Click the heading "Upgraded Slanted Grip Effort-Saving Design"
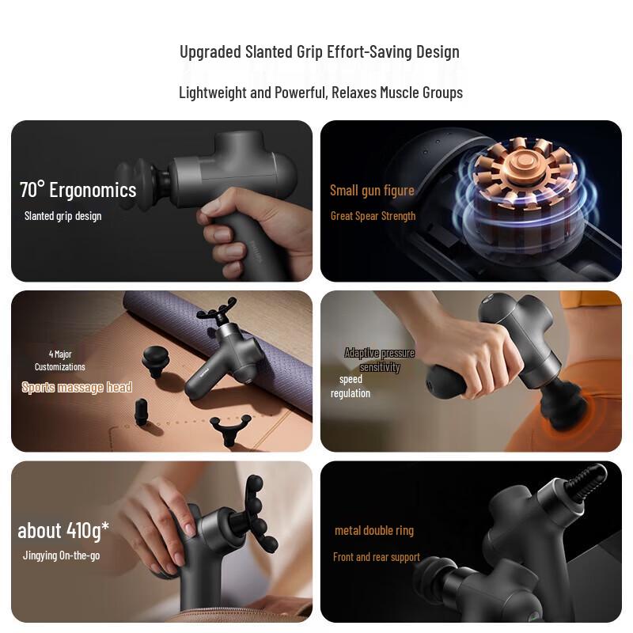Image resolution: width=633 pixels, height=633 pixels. pyautogui.click(x=320, y=52)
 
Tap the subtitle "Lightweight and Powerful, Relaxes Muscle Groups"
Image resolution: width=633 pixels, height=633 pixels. pyautogui.click(x=320, y=93)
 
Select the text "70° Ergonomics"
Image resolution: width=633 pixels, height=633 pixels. pyautogui.click(x=78, y=190)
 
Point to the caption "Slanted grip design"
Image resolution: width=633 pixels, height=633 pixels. pyautogui.click(x=63, y=216)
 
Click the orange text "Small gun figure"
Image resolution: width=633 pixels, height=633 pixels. pyautogui.click(x=372, y=190)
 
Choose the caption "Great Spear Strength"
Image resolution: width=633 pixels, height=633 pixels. pyautogui.click(x=373, y=216)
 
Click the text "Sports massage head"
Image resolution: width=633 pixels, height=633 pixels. pyautogui.click(x=77, y=388)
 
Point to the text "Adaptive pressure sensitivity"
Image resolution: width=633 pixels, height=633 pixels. pyautogui.click(x=379, y=360)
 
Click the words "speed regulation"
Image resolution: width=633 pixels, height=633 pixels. pyautogui.click(x=351, y=386)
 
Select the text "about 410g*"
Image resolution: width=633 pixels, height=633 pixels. pyautogui.click(x=63, y=530)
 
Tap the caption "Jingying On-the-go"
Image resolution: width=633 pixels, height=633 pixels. pyautogui.click(x=61, y=555)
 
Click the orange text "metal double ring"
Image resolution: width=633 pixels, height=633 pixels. pyautogui.click(x=374, y=530)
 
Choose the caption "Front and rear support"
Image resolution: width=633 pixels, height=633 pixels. pyautogui.click(x=377, y=557)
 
